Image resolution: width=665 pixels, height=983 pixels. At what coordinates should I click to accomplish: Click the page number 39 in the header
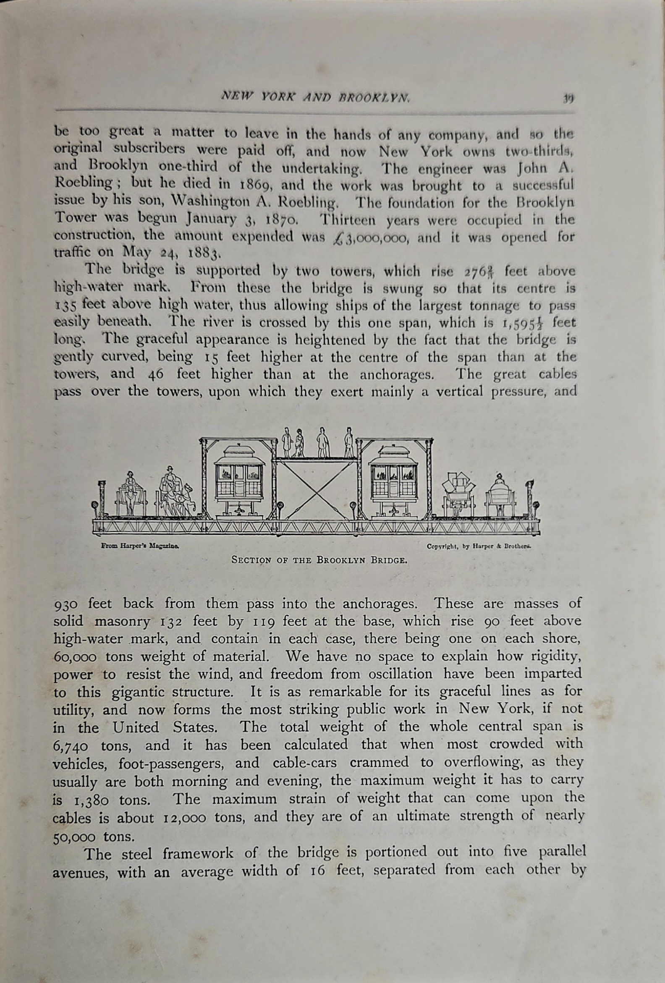tap(567, 99)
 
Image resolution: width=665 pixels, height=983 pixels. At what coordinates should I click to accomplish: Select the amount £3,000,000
tap(371, 237)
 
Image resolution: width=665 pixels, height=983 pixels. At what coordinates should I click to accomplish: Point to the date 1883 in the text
tap(203, 254)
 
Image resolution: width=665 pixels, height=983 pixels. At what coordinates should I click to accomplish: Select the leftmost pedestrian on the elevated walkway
tap(287, 442)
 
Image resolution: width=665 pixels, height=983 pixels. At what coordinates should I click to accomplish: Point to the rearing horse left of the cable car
tap(186, 500)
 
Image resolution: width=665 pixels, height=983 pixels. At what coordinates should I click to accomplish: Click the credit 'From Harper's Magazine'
tap(141, 546)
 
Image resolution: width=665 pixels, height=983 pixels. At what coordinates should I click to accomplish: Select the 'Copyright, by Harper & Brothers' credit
tap(479, 546)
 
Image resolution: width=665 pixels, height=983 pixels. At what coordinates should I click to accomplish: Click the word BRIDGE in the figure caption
tap(389, 561)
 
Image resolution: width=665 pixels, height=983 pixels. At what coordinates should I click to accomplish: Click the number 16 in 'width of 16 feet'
tap(317, 871)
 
